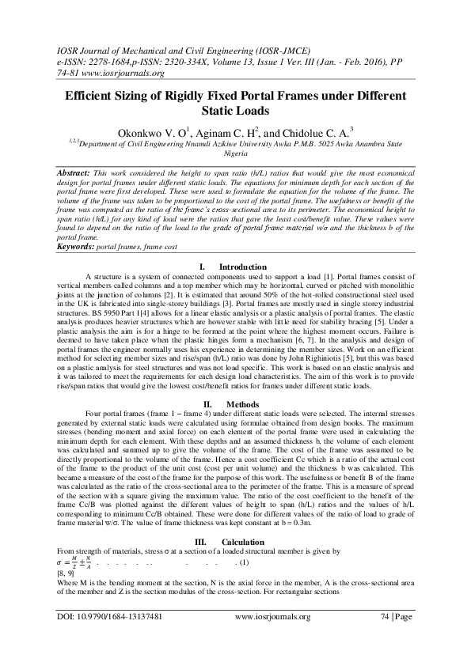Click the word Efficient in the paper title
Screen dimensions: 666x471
(x=92, y=96)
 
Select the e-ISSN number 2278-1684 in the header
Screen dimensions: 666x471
(x=113, y=61)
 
